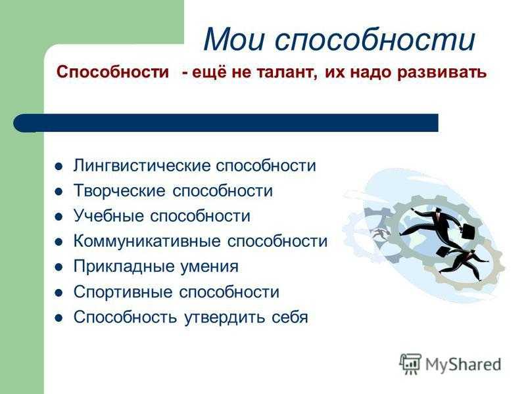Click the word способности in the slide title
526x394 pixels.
[x=375, y=39]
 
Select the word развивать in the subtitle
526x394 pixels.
[x=441, y=72]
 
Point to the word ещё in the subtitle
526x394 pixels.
[x=208, y=72]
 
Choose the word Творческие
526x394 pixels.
[x=120, y=190]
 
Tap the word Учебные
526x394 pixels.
[x=109, y=215]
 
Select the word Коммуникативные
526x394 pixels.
[x=147, y=241]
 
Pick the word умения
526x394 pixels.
[x=209, y=267]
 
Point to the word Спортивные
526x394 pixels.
[x=123, y=292]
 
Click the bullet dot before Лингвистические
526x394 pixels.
[x=59, y=167]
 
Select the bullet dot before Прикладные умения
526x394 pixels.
[x=59, y=267]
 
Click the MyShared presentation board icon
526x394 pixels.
[x=410, y=364]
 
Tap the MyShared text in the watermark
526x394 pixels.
[x=463, y=364]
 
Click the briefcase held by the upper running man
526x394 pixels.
[x=468, y=231]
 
